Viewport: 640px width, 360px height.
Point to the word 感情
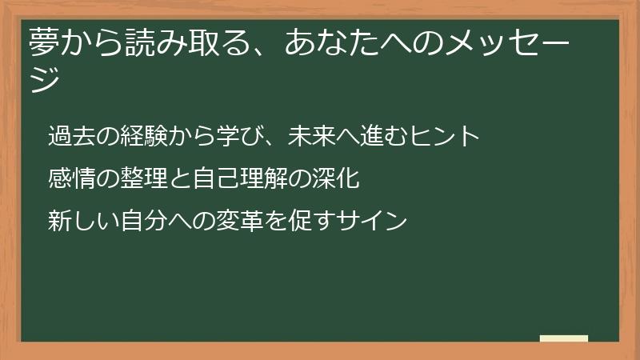[70, 178]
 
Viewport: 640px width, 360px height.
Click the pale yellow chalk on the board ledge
[564, 339]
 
